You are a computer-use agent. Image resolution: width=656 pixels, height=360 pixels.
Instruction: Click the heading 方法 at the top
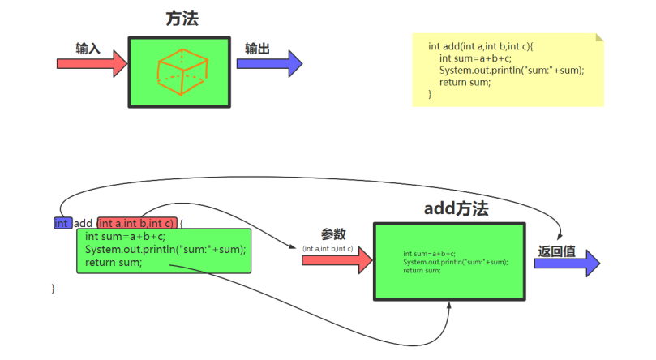pyautogui.click(x=182, y=19)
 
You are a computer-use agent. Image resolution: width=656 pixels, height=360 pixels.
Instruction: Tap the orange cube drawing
pyautogui.click(x=182, y=71)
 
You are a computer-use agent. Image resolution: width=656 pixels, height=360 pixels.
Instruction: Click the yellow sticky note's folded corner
pyautogui.click(x=599, y=37)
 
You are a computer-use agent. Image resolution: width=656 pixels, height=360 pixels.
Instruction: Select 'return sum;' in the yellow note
pyautogui.click(x=465, y=82)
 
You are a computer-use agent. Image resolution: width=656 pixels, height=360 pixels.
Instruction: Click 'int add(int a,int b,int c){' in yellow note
pyautogui.click(x=480, y=45)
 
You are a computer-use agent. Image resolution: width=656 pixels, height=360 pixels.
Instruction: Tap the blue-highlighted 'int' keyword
pyautogui.click(x=62, y=223)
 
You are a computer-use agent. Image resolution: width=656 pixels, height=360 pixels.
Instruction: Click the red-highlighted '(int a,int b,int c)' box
pyautogui.click(x=136, y=223)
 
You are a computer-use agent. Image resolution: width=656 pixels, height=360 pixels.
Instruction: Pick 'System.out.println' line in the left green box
pyautogui.click(x=165, y=249)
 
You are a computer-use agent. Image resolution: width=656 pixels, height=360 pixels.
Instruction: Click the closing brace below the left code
pyautogui.click(x=54, y=288)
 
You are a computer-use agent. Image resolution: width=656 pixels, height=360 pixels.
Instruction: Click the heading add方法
pyautogui.click(x=457, y=208)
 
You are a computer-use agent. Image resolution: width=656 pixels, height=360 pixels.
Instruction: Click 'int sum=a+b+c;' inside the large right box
pyautogui.click(x=429, y=254)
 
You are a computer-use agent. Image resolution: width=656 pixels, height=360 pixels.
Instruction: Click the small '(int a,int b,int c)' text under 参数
pyautogui.click(x=328, y=247)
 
